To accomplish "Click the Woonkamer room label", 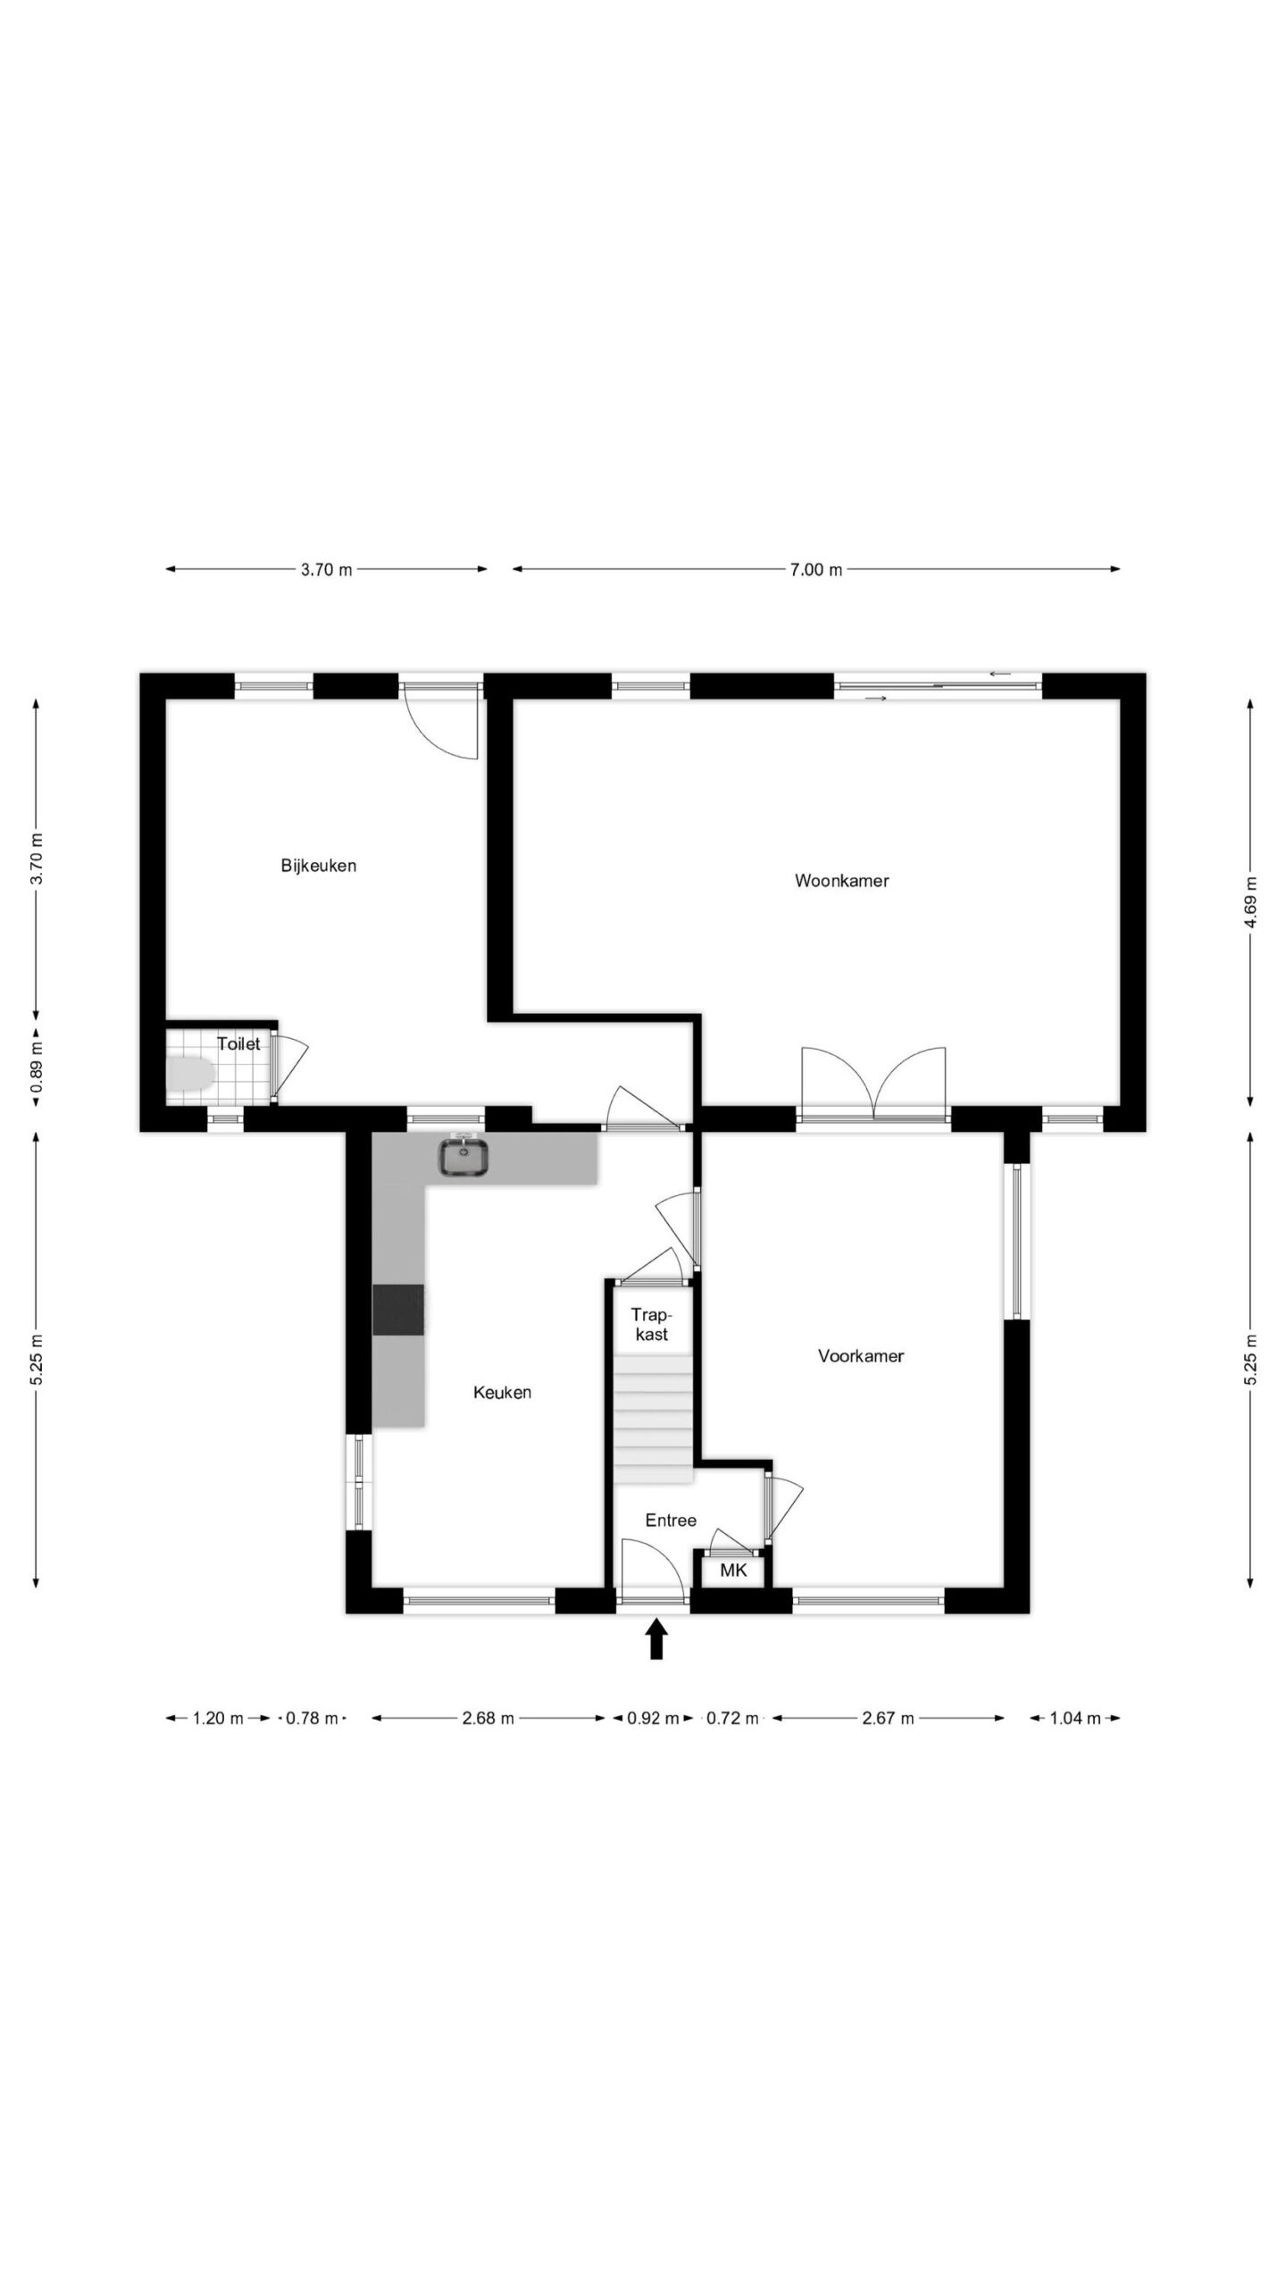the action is click(x=841, y=881).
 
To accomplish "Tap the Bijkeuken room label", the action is click(x=318, y=866).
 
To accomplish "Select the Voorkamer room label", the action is click(x=861, y=1356).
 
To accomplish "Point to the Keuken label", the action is click(x=502, y=1392).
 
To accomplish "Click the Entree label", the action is click(x=671, y=1520).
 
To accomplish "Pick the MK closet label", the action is click(x=733, y=1571).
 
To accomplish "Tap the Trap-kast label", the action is click(x=651, y=1324).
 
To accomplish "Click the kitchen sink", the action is click(x=463, y=1157).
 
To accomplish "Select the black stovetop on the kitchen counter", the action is click(x=398, y=1310).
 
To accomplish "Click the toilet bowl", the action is click(x=190, y=1074).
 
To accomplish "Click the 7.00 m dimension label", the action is click(x=816, y=569).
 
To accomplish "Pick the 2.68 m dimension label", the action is click(x=489, y=1718).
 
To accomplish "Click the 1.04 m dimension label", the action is click(x=1074, y=1718).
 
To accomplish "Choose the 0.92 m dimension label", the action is click(x=654, y=1718).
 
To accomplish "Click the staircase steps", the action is click(x=654, y=1419).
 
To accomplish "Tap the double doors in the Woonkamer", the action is click(x=873, y=1084).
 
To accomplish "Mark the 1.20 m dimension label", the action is click(x=218, y=1718).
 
